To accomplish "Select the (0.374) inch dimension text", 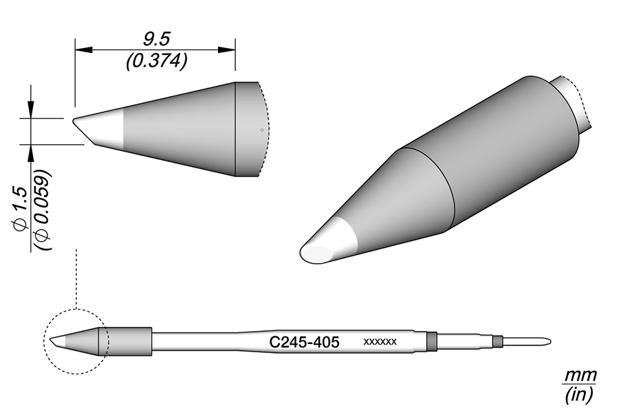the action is pos(156,62).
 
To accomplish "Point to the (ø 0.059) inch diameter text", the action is pos(43,209).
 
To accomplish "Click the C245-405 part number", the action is pos(304,342).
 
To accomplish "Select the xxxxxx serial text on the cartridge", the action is pos(380,342).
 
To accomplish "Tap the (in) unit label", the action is pos(579,394).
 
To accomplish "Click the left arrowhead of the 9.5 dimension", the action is pos(83,50).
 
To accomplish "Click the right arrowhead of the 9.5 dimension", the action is pos(227,50).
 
